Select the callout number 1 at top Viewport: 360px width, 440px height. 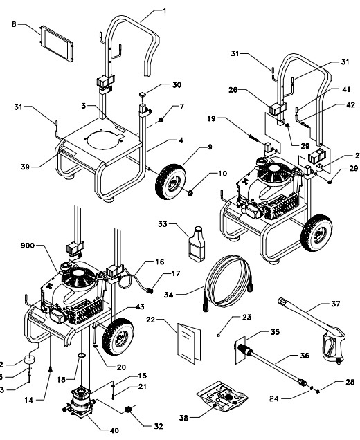[x=164, y=11]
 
